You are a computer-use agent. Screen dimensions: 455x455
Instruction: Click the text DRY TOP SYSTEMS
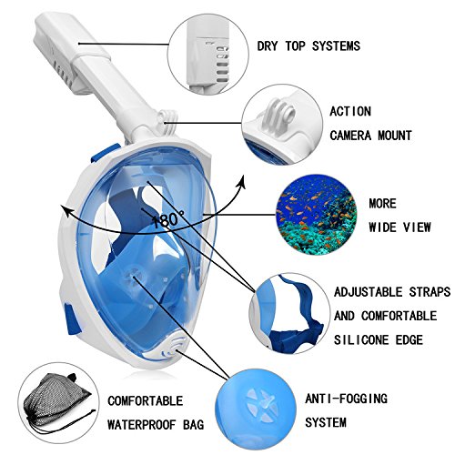pos(308,46)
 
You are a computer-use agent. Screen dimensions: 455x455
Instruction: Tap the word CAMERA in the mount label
pos(350,136)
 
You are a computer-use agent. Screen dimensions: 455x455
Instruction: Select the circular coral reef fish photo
pos(316,215)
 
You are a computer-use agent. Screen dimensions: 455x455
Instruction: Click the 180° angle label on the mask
pos(167,220)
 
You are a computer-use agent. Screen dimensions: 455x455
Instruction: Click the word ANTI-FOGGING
pos(346,399)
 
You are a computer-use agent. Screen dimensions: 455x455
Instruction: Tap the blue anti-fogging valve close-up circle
pos(256,409)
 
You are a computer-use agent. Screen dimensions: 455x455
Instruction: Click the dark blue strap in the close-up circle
pos(300,321)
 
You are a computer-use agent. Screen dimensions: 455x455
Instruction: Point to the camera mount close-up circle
pos(282,125)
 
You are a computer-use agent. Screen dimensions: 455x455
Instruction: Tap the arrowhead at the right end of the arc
pos(241,181)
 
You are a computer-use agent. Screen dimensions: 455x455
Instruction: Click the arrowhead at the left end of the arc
pos(66,210)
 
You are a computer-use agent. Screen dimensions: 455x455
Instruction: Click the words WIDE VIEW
pos(399,227)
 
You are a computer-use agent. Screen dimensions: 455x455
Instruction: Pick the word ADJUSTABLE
pos(368,292)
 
